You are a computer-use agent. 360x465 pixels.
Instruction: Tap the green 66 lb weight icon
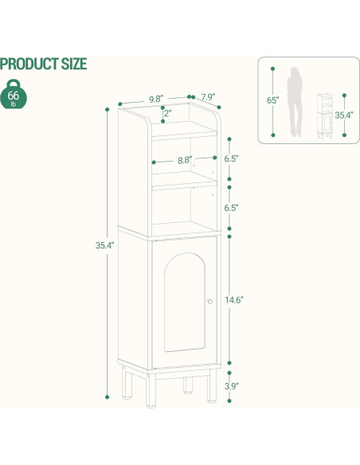(14, 96)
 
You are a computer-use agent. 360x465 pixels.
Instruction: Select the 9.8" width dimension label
(156, 100)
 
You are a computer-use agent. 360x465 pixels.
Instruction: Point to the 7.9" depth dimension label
(207, 97)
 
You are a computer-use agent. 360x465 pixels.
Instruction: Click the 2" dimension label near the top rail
(167, 114)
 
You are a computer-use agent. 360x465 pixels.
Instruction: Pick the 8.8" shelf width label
(184, 160)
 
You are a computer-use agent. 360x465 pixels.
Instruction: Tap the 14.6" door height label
(234, 300)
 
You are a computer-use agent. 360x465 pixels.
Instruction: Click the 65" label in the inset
(272, 100)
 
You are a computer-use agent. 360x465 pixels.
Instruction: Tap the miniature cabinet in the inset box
(325, 116)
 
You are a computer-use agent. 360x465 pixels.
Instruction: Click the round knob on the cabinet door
(209, 302)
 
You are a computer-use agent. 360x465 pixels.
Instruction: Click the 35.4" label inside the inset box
(343, 115)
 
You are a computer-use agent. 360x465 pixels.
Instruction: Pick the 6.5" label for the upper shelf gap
(231, 158)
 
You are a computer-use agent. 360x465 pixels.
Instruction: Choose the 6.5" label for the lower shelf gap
(231, 207)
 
